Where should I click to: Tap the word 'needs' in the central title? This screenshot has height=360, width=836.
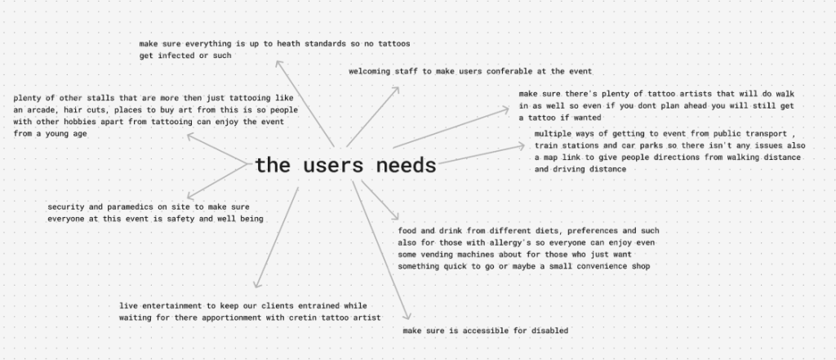click(406, 166)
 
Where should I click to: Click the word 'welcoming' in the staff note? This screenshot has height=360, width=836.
click(375, 72)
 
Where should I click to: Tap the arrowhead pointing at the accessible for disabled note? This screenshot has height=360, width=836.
click(408, 319)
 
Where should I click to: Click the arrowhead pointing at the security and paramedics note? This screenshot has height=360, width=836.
click(189, 195)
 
